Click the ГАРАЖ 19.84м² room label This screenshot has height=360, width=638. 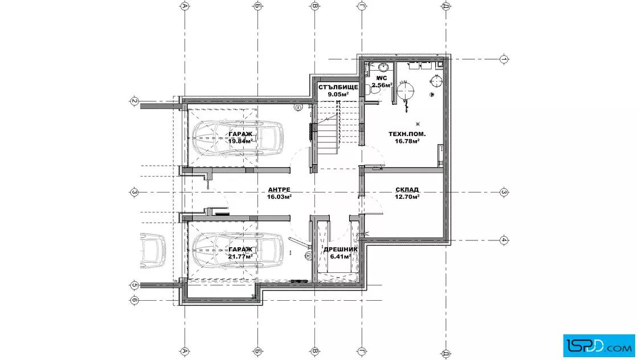pos(240,137)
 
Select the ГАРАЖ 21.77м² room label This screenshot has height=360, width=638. pos(240,252)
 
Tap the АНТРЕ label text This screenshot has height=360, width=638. pos(279,190)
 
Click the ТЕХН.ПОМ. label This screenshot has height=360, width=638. pos(407,134)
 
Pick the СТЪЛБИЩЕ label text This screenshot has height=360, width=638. pos(338,87)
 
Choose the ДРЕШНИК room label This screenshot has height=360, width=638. pos(340,249)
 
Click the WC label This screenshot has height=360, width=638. pos(382,78)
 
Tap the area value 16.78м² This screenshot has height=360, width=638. pos(407,141)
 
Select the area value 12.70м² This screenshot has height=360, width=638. pos(407,197)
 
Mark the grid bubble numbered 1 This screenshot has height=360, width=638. pos(504,59)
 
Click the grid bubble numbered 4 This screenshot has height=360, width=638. pos(504,240)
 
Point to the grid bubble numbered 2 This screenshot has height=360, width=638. pos(134,101)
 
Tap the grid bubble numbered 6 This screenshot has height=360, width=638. pos(134,301)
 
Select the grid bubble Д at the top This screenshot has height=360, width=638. pos(446,6)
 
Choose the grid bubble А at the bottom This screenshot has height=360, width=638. pos(185,351)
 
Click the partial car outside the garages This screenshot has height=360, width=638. pos(153,250)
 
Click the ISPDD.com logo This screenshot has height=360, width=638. pos(599,345)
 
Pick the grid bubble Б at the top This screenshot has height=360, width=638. pos(257,6)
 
